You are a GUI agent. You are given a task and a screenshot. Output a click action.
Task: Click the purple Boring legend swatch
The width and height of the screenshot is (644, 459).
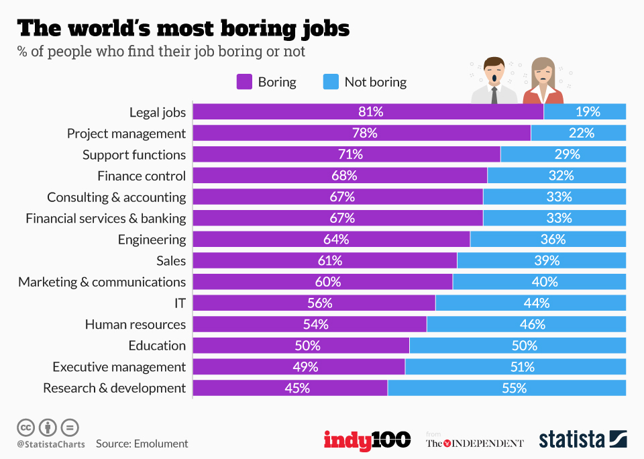pyautogui.click(x=244, y=82)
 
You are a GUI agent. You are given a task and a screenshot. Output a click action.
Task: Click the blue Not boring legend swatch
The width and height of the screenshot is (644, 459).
pyautogui.click(x=331, y=82)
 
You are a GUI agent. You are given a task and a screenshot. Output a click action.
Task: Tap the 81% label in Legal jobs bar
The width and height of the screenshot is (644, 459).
pyautogui.click(x=370, y=112)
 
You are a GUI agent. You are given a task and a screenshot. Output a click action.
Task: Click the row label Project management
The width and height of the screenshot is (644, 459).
pyautogui.click(x=126, y=133)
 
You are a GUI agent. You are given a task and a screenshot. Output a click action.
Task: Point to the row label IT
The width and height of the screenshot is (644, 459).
pyautogui.click(x=179, y=303)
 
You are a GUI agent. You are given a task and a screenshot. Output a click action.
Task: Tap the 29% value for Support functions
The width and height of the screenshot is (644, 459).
pyautogui.click(x=567, y=154)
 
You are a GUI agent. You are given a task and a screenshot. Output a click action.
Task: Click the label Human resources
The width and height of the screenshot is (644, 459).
pyautogui.click(x=135, y=324)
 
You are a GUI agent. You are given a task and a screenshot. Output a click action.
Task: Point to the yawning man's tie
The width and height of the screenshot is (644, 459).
pyautogui.click(x=494, y=95)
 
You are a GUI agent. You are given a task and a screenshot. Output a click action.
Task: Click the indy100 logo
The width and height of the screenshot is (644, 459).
pyautogui.click(x=367, y=440)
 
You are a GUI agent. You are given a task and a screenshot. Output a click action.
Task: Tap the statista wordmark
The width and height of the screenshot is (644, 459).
pyautogui.click(x=572, y=440)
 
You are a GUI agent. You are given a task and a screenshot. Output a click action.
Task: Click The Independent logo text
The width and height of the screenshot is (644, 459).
pyautogui.click(x=474, y=443)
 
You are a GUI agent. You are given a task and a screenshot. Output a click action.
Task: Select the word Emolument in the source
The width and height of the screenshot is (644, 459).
pyautogui.click(x=161, y=444)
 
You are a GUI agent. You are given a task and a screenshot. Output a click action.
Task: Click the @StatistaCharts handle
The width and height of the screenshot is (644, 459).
pyautogui.click(x=51, y=444)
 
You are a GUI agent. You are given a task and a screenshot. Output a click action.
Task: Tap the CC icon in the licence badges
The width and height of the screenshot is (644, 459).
pyautogui.click(x=26, y=427)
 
